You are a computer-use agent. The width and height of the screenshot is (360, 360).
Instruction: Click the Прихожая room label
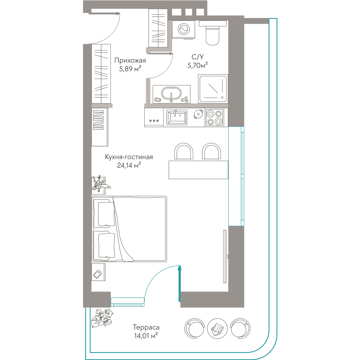pos(130,60)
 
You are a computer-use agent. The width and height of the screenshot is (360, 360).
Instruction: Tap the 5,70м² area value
pos(197,66)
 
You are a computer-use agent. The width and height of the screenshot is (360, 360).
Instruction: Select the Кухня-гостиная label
pos(129,157)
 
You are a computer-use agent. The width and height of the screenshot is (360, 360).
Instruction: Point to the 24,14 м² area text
pos(129,165)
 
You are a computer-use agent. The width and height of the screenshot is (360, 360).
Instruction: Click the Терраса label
pos(146,327)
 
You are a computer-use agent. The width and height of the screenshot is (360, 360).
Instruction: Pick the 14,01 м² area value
pos(146,336)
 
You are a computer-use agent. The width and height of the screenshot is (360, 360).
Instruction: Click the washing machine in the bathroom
pos(184,30)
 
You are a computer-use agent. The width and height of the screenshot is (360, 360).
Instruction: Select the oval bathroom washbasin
pos(171,94)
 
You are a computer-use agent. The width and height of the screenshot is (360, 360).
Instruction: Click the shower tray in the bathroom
pos(213,89)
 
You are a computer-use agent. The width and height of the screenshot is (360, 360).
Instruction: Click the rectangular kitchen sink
pos(176,117)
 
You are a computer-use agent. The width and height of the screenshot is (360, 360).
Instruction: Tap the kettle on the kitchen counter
pos(198,114)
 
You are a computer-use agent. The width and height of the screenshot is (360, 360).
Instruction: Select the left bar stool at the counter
pos(184,151)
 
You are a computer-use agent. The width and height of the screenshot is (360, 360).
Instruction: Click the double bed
pos(129,229)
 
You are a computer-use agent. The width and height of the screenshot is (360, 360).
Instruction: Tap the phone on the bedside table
pos(98,274)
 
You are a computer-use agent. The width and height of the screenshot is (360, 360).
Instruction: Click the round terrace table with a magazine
pos(217,328)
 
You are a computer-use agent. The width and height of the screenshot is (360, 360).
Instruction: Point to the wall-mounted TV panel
pos(225,256)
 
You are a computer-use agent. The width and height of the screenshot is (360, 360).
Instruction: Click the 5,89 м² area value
pos(130,69)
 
